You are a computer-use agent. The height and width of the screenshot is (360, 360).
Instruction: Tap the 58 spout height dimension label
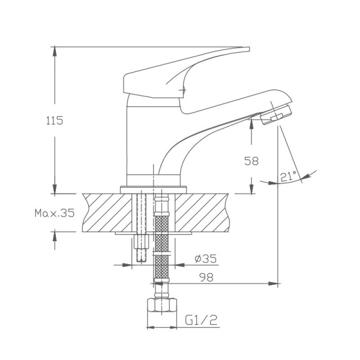[x=251, y=161]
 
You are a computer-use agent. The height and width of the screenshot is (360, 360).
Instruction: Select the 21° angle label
[x=288, y=176]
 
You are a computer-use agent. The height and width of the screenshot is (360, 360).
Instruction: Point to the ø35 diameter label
[x=205, y=259]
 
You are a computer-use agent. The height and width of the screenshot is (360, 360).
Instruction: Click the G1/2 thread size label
[x=200, y=321]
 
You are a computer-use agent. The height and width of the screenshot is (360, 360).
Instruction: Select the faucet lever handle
[x=180, y=72]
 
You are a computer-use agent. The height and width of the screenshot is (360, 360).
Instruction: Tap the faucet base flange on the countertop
[x=150, y=189]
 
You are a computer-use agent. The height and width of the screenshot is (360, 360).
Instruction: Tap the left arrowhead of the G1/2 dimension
[x=150, y=328]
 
